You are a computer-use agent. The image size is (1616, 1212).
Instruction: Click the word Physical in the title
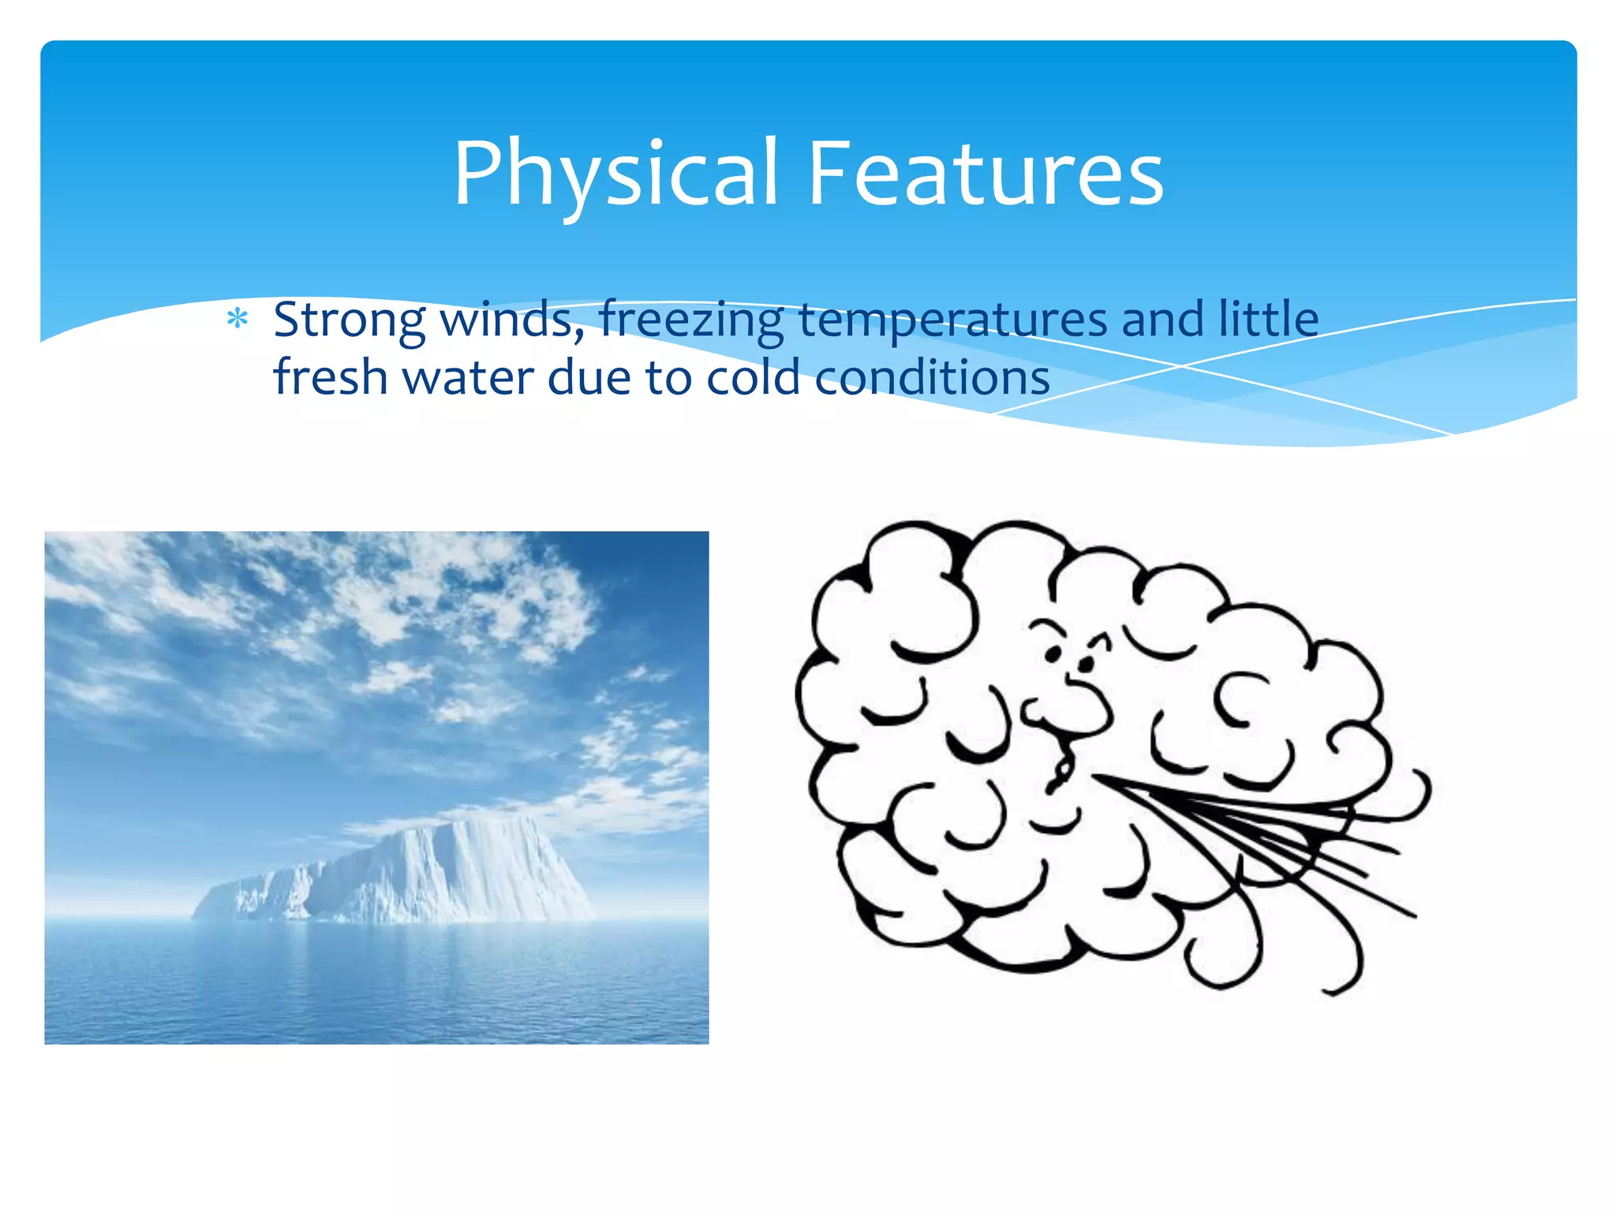(x=616, y=174)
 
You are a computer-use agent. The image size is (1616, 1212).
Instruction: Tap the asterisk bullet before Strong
(x=238, y=320)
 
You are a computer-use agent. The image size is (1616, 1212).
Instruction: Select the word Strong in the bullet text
(x=349, y=320)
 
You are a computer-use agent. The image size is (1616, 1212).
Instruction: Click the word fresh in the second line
(x=330, y=376)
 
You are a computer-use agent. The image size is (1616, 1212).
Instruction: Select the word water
(x=469, y=378)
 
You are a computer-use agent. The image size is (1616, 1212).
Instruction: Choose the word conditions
(x=932, y=377)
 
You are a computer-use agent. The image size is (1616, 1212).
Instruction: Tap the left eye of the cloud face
(x=1053, y=653)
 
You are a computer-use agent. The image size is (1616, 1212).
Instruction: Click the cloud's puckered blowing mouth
(x=1062, y=769)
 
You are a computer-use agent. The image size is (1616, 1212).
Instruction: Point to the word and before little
(x=1162, y=320)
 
